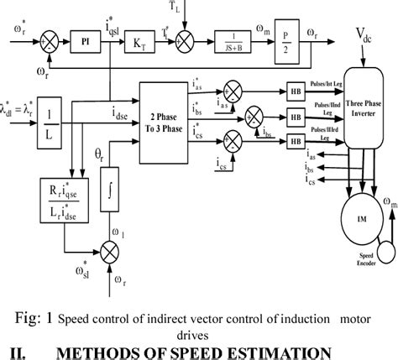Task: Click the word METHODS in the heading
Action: pos(131,348)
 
